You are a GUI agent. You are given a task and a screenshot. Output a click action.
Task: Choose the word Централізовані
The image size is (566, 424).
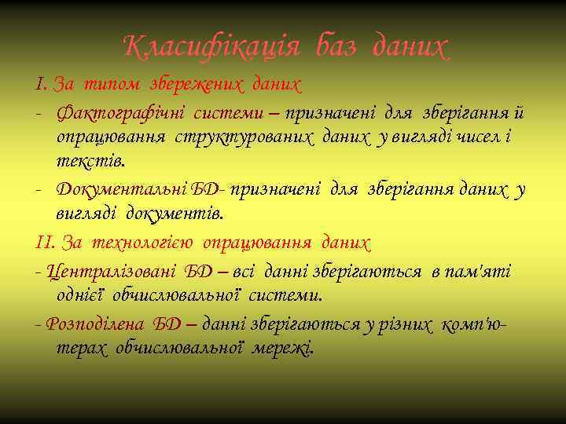(x=112, y=271)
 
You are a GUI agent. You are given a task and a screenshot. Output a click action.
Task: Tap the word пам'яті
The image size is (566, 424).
(x=479, y=271)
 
